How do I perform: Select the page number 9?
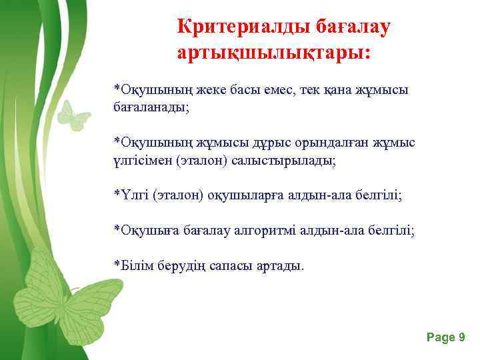click(461, 337)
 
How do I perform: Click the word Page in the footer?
click(441, 337)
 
